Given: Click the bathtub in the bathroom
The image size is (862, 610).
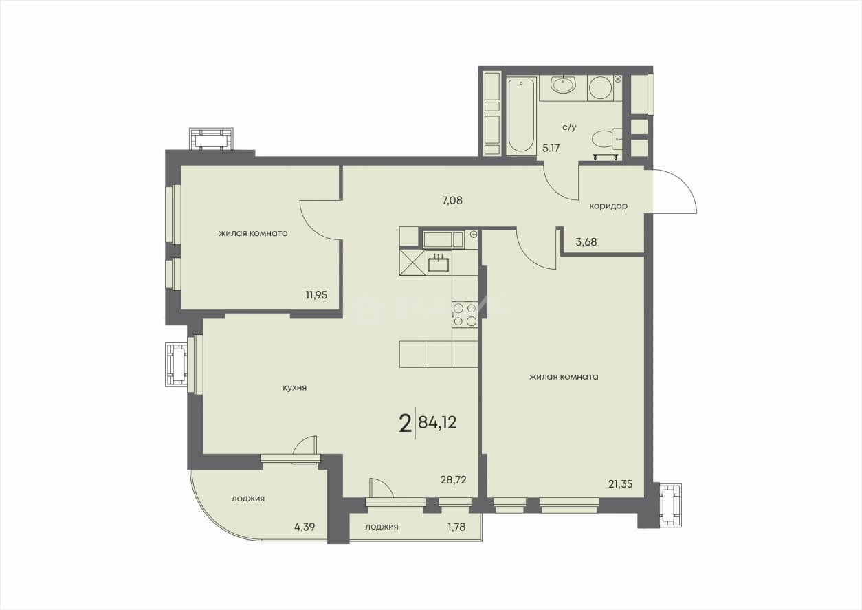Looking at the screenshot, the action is click(522, 116).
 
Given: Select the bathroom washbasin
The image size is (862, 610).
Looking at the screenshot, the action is click(563, 85).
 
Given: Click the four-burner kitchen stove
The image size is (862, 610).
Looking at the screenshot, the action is click(465, 314).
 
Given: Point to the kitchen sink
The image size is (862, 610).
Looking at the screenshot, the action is click(439, 263).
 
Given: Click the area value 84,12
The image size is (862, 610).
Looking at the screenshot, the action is click(437, 422).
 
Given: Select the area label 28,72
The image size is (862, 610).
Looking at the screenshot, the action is click(453, 480).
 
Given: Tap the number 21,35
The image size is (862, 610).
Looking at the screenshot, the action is click(620, 484).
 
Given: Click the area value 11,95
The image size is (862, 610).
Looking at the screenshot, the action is click(316, 296).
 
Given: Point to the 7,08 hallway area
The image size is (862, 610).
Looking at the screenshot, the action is click(452, 200).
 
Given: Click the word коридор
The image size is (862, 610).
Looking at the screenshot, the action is click(608, 206).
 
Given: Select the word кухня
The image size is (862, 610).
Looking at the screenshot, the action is click(294, 388).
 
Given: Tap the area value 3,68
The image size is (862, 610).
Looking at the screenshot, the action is click(586, 242).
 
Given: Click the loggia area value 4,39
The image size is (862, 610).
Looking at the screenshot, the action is click(305, 527).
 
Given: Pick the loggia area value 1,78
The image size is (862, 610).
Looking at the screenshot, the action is click(456, 527).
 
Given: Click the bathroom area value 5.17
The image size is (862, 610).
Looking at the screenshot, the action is click(551, 148).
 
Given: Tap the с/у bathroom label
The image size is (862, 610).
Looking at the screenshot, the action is click(570, 127).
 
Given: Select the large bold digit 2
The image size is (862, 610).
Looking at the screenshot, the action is click(405, 424).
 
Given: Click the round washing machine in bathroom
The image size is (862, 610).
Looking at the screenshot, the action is click(600, 88).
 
